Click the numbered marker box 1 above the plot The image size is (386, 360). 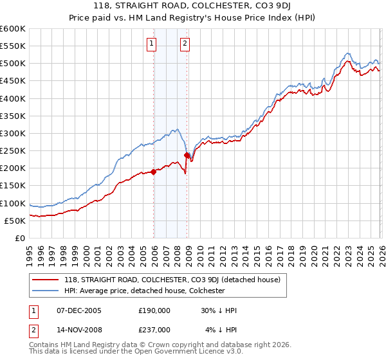point(151,44)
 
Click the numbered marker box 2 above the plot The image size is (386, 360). point(185,44)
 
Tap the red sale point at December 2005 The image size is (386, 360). point(154,172)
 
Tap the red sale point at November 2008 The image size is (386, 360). point(187,155)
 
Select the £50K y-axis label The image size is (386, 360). point(15,221)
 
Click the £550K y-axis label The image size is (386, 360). point(12,46)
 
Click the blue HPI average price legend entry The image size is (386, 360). point(143,291)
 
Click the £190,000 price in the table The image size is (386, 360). point(154,310)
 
